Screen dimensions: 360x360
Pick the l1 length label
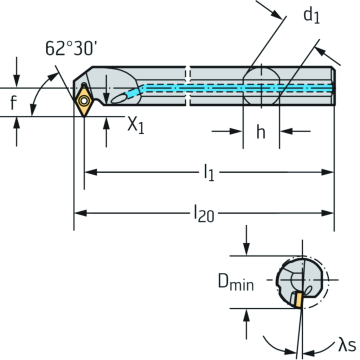click(x=209, y=173)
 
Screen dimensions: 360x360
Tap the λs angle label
click(x=345, y=343)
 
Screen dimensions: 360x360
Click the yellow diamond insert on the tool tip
click(x=85, y=99)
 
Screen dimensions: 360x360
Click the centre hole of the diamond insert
click(x=85, y=99)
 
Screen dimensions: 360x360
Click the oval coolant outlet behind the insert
click(x=121, y=96)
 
